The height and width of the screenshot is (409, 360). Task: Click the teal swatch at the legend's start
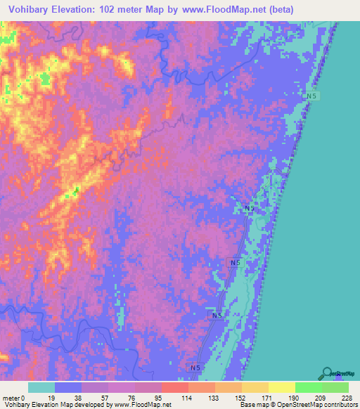coord(41,387)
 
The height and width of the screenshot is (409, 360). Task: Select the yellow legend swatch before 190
coord(282,387)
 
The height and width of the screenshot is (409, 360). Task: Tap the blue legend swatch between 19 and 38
coord(68,387)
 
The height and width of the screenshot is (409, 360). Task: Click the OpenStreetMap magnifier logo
coord(326,373)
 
